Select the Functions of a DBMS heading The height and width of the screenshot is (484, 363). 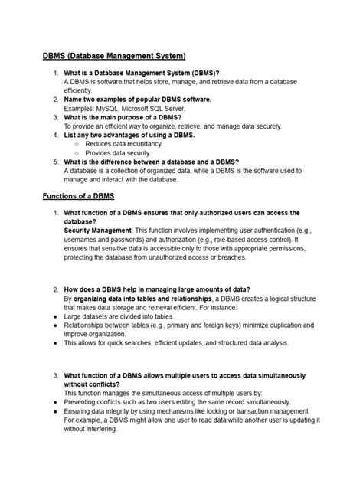point(78,197)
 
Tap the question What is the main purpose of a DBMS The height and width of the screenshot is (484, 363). point(131,117)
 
